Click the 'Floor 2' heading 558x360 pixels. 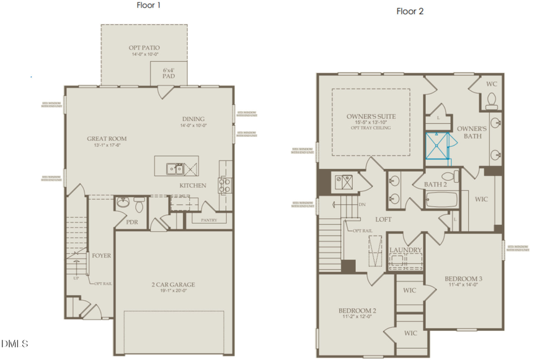(x=410, y=11)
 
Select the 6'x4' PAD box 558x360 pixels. (x=167, y=75)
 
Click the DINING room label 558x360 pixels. (x=194, y=119)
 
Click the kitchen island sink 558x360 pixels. (x=174, y=168)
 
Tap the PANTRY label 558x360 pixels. (x=206, y=219)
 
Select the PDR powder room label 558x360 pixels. (x=131, y=222)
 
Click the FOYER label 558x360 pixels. (x=101, y=255)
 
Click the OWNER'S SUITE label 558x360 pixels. (x=370, y=116)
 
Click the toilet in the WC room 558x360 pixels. (x=492, y=100)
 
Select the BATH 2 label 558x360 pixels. (x=436, y=184)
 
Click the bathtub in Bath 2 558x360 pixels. (x=441, y=200)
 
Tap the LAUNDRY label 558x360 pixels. (x=405, y=250)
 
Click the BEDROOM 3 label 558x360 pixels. (x=463, y=278)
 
